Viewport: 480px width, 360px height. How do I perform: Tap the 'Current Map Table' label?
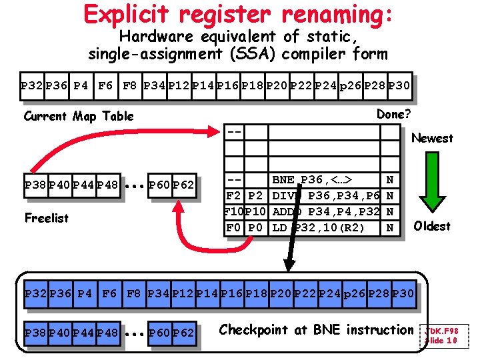click(x=79, y=116)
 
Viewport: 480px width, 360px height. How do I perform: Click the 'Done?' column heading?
click(x=393, y=114)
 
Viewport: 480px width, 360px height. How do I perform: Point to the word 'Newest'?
click(x=432, y=138)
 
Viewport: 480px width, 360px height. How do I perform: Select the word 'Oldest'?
click(x=432, y=226)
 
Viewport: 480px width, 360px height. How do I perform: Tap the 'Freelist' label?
click(x=46, y=218)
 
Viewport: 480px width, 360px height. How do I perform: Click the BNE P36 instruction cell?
click(x=312, y=179)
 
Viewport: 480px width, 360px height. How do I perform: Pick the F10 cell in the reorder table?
click(x=233, y=211)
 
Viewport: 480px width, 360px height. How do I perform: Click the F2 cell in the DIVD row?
click(x=233, y=195)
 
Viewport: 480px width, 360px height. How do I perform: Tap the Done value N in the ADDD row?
click(x=390, y=211)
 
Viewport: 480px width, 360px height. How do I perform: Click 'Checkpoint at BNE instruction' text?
click(x=316, y=329)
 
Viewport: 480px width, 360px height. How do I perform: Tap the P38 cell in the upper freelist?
click(x=35, y=184)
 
